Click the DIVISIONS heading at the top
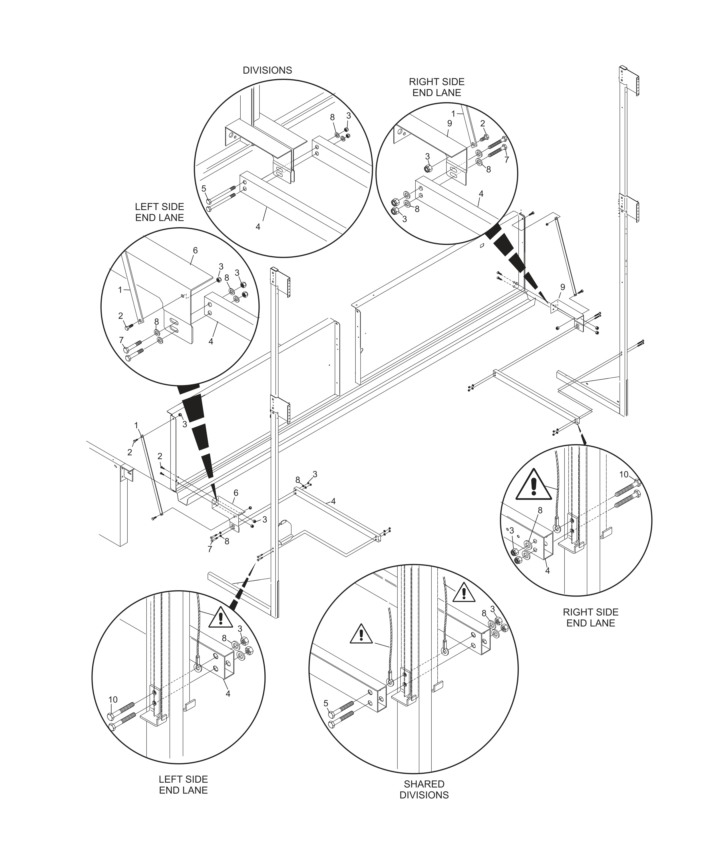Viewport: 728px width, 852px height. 267,70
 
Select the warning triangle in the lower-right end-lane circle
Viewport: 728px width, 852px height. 534,485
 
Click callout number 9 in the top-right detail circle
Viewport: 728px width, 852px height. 450,123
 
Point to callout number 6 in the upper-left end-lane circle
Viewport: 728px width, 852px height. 195,250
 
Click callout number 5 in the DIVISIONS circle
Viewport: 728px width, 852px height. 204,189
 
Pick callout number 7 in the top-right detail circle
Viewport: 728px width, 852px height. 506,160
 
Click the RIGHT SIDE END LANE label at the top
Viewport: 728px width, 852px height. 437,87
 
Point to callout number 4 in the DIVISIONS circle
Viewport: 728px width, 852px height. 258,227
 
